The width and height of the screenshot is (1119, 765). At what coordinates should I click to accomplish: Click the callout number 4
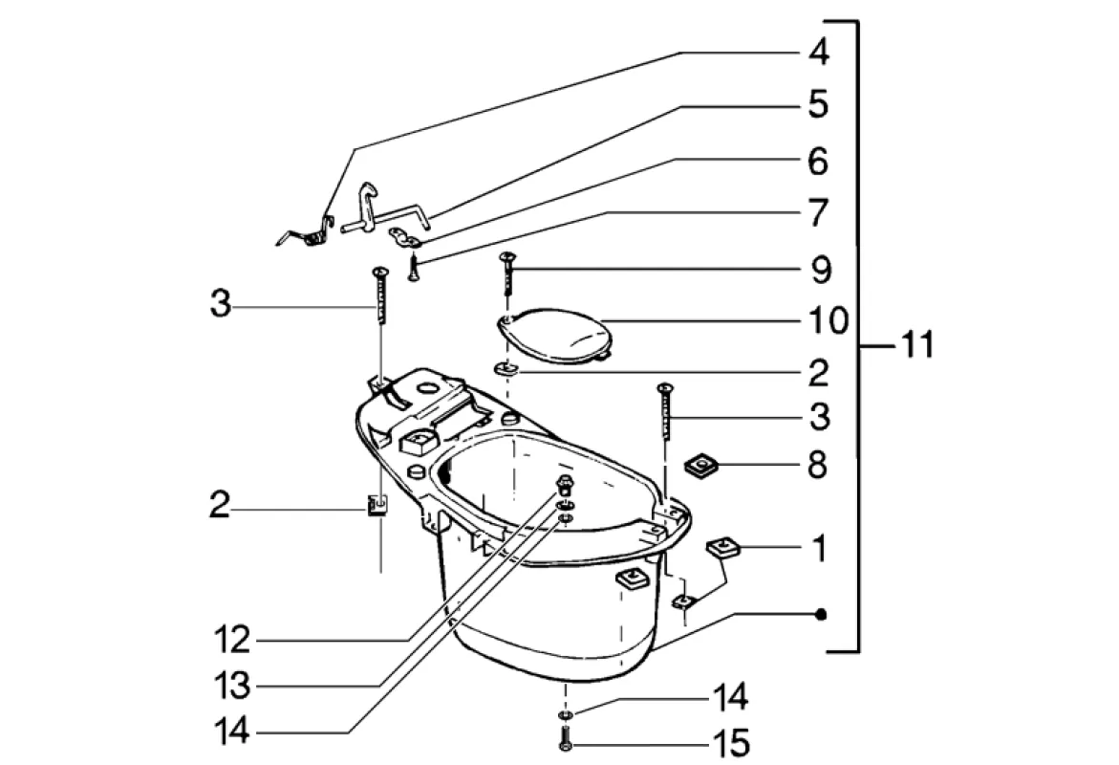tap(819, 52)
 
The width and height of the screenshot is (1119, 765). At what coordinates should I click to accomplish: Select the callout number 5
tap(819, 104)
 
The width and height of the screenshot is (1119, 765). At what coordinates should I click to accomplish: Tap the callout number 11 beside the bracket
tap(916, 345)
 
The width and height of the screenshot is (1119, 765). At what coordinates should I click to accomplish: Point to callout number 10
tap(828, 320)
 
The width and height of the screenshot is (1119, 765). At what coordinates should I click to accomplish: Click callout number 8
tap(817, 465)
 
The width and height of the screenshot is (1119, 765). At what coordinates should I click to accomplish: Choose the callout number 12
tap(232, 640)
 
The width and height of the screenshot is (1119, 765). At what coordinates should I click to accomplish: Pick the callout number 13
tap(232, 686)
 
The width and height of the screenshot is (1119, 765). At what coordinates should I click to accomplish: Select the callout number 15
tap(731, 744)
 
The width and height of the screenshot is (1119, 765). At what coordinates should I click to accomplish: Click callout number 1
tap(820, 548)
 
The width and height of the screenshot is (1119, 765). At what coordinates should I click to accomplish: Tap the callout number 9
tap(820, 270)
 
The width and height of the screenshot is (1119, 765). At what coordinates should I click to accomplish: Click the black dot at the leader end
tap(821, 614)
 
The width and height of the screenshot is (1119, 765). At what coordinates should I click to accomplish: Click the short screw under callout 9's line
tap(507, 273)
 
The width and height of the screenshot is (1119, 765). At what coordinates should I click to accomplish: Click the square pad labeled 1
tap(723, 549)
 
